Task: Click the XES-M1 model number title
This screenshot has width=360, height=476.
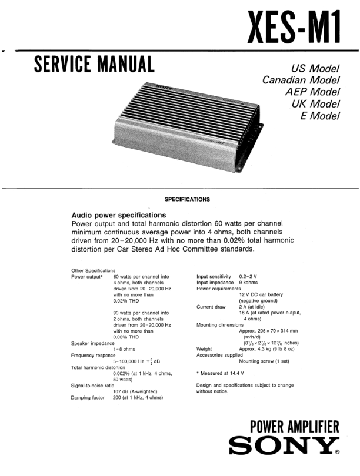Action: pyautogui.click(x=295, y=27)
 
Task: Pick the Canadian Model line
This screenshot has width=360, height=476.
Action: pyautogui.click(x=301, y=80)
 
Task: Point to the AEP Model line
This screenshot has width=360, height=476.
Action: pyautogui.click(x=312, y=92)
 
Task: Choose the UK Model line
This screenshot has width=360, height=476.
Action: pyautogui.click(x=316, y=103)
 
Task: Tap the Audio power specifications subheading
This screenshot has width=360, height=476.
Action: pyautogui.click(x=118, y=215)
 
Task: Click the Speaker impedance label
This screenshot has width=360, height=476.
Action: pyautogui.click(x=93, y=343)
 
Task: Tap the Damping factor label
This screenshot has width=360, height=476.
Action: pyautogui.click(x=88, y=398)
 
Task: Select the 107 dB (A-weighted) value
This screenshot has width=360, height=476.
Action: pyautogui.click(x=139, y=391)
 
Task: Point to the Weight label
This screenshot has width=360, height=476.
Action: pyautogui.click(x=204, y=349)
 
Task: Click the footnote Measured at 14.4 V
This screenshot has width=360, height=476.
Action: pyautogui.click(x=220, y=374)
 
